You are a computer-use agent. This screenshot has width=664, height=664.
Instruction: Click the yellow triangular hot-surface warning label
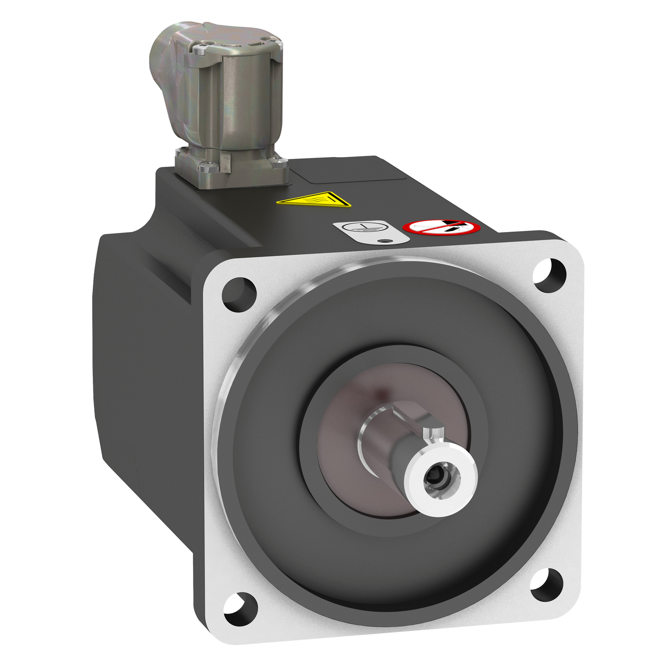click(314, 200)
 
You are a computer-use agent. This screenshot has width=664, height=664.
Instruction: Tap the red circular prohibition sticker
click(441, 227)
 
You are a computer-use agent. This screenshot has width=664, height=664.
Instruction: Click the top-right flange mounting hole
click(550, 275)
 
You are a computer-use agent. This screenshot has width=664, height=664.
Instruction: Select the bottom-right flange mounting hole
click(547, 585)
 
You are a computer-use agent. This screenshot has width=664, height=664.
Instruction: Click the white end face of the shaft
click(453, 487)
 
